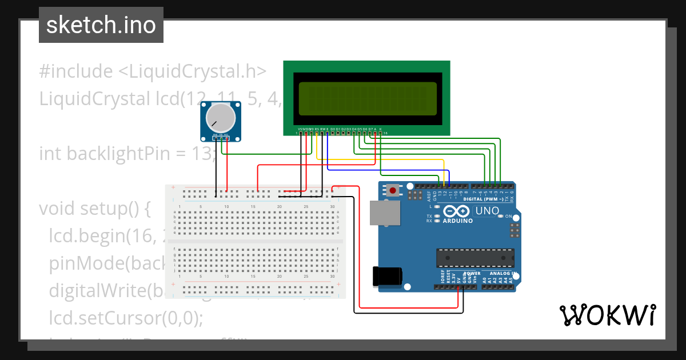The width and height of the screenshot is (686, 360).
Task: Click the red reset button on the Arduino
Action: pyautogui.click(x=393, y=190)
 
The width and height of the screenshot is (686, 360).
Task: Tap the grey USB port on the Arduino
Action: pyautogui.click(x=382, y=212)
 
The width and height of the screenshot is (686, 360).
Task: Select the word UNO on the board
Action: pyautogui.click(x=487, y=211)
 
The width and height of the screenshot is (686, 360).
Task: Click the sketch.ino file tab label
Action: pyautogui.click(x=101, y=25)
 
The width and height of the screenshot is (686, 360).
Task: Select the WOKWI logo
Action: pyautogui.click(x=607, y=315)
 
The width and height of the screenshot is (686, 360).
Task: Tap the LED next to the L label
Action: pyautogui.click(x=437, y=206)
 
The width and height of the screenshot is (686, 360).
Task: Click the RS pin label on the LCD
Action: pyautogui.click(x=317, y=129)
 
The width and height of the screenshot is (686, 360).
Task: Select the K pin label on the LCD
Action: pyautogui.click(x=381, y=129)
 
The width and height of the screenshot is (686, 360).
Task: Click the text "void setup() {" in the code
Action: pyautogui.click(x=94, y=209)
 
